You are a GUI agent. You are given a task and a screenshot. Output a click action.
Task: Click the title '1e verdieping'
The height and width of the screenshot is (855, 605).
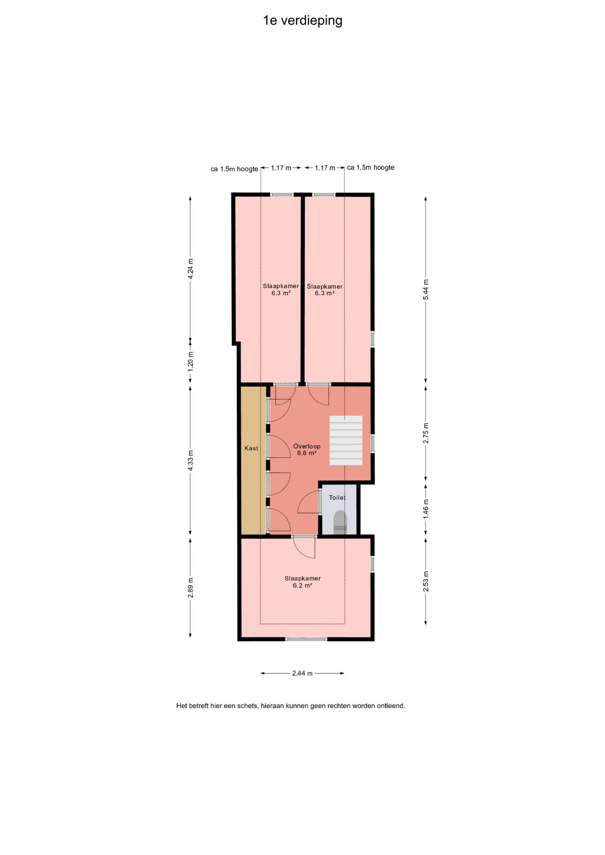pyautogui.click(x=302, y=20)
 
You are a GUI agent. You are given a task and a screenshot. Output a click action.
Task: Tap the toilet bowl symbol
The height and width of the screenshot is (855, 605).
pyautogui.click(x=340, y=522)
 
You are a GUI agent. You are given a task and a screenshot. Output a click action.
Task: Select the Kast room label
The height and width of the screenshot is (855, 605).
pyautogui.click(x=251, y=448)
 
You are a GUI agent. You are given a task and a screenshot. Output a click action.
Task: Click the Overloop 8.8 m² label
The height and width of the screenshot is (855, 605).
pyautogui.click(x=307, y=450)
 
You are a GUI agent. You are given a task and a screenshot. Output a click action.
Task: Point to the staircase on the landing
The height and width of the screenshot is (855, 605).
pyautogui.click(x=346, y=440)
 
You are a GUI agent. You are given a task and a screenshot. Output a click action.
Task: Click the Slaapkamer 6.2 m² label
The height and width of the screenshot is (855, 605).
pyautogui.click(x=302, y=582)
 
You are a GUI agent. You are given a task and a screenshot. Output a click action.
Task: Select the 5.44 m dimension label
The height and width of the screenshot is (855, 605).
pyautogui.click(x=425, y=289)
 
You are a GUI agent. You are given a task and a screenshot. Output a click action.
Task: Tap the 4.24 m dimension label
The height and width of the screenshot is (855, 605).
pyautogui.click(x=190, y=269)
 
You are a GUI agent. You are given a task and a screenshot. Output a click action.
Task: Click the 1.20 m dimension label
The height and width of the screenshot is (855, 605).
pyautogui.click(x=190, y=362)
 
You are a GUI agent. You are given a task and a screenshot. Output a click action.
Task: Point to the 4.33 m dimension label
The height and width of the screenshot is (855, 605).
pyautogui.click(x=190, y=460)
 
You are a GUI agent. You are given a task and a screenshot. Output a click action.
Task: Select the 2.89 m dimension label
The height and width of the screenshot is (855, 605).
pyautogui.click(x=190, y=588)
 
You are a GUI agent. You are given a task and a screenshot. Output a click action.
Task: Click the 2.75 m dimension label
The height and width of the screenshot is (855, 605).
pyautogui.click(x=425, y=433)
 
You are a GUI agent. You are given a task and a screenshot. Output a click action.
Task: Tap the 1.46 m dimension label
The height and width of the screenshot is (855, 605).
pyautogui.click(x=425, y=509)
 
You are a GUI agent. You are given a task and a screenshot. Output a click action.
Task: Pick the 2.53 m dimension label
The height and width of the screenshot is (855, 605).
pyautogui.click(x=425, y=582)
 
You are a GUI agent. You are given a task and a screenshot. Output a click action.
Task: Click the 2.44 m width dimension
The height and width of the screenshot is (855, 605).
pyautogui.click(x=302, y=673)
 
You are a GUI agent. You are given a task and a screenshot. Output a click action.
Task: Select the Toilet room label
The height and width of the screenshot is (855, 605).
pyautogui.click(x=337, y=498)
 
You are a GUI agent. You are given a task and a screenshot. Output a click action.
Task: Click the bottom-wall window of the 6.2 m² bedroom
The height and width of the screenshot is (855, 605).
pyautogui.click(x=306, y=639)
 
